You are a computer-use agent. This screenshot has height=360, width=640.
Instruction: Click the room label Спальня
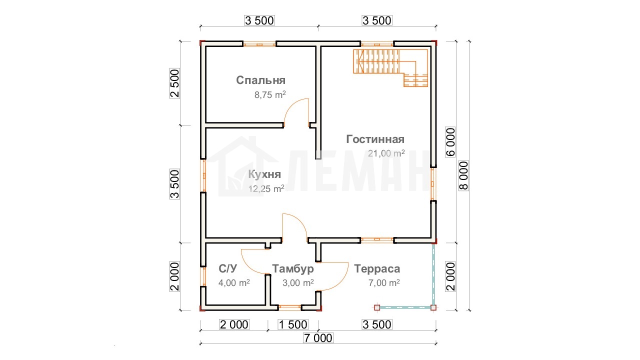point(260,80)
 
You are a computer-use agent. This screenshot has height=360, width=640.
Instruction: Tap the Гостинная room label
point(375,139)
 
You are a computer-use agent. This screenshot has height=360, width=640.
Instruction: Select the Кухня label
point(264,174)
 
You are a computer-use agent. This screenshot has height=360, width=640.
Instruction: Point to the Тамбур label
point(293,268)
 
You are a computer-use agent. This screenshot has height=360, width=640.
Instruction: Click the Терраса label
point(377,268)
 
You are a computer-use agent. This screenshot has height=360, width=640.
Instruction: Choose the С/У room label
point(227,268)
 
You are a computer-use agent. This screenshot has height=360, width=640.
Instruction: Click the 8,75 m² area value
point(270,95)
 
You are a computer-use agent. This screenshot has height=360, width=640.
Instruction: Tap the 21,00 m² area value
point(386,153)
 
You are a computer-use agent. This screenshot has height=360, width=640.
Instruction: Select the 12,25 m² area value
point(266,189)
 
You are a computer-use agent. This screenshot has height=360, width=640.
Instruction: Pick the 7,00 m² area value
point(384,283)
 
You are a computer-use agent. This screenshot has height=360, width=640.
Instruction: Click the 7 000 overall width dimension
point(318,338)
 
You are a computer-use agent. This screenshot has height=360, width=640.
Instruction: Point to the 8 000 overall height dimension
point(464,175)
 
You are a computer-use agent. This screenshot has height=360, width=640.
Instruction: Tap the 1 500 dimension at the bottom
point(293,324)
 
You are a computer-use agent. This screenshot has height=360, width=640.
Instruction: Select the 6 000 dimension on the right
point(450,142)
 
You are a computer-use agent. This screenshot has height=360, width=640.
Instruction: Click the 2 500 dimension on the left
point(175,83)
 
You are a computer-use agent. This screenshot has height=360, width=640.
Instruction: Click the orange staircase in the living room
point(390,67)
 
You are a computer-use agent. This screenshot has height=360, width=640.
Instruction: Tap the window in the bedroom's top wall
point(259,44)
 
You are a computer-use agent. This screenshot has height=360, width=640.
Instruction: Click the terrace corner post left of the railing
point(377,307)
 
